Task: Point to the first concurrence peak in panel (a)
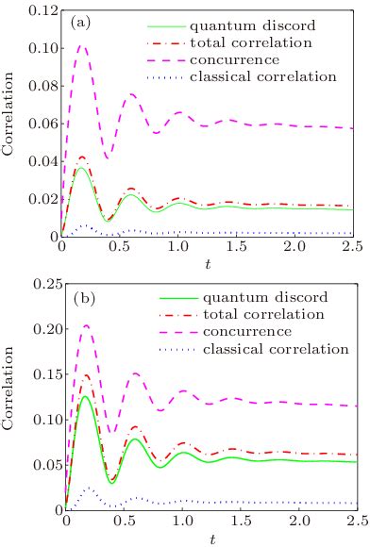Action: coord(82,45)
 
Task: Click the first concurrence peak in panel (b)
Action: coord(86,325)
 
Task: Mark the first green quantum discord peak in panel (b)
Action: coord(86,396)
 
